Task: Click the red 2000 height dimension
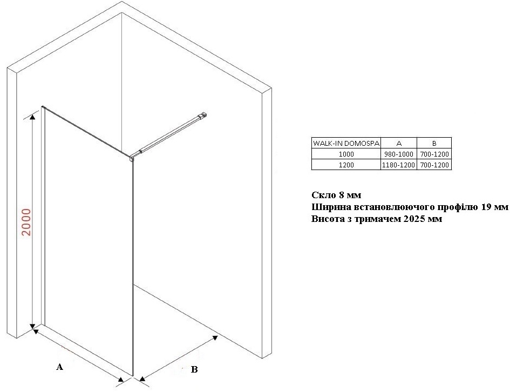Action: (26, 222)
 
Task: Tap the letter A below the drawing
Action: (59, 367)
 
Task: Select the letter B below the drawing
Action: (194, 369)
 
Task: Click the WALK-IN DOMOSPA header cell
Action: (346, 143)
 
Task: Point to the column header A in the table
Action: (399, 143)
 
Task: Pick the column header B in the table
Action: (434, 143)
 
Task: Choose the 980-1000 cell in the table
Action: (399, 154)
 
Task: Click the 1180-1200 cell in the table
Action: (399, 165)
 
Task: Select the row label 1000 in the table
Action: (346, 154)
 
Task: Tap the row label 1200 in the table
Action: (346, 165)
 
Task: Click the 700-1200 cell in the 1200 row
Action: (434, 165)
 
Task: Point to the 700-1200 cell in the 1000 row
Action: (434, 154)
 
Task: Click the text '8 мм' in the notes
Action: (350, 195)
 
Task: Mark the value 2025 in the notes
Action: (414, 219)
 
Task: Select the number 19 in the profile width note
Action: (486, 207)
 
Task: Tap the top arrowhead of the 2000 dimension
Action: (32, 117)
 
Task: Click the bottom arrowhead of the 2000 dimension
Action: (32, 326)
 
